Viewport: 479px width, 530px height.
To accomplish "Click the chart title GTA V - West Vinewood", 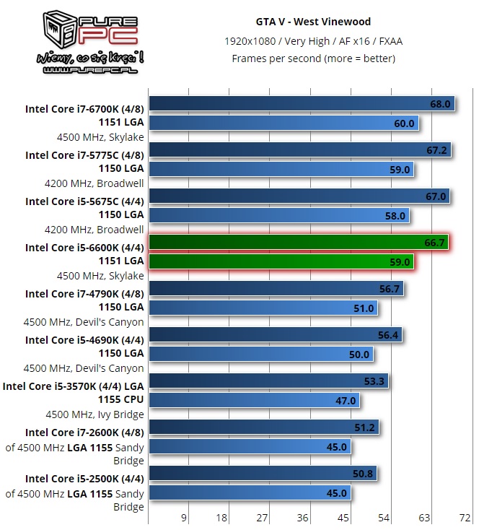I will [x=312, y=22].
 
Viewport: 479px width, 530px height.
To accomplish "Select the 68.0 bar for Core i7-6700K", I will [x=302, y=104].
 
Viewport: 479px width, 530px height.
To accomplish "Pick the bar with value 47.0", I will [x=253, y=401].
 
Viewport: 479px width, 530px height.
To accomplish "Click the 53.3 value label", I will [x=375, y=381].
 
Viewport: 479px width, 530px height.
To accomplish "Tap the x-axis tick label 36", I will [x=302, y=517].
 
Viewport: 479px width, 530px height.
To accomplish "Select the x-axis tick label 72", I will [x=465, y=517].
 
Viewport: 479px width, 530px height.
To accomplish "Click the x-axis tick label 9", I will [x=184, y=517].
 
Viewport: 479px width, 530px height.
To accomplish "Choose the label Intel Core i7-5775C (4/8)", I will [x=84, y=155].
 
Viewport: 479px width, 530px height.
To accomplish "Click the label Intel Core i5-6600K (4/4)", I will [x=84, y=248].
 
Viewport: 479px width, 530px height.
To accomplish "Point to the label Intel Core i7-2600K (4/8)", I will [x=84, y=433].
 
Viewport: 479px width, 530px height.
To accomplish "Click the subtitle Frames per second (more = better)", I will [x=312, y=58].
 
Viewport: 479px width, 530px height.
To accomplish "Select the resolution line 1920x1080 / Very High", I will [x=312, y=40].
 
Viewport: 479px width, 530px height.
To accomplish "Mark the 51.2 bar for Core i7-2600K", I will [x=263, y=427].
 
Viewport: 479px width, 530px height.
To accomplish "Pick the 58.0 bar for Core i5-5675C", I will [x=278, y=215].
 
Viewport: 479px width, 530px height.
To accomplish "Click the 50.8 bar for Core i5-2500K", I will [x=263, y=474].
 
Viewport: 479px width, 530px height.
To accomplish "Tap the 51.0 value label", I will [x=364, y=308].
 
